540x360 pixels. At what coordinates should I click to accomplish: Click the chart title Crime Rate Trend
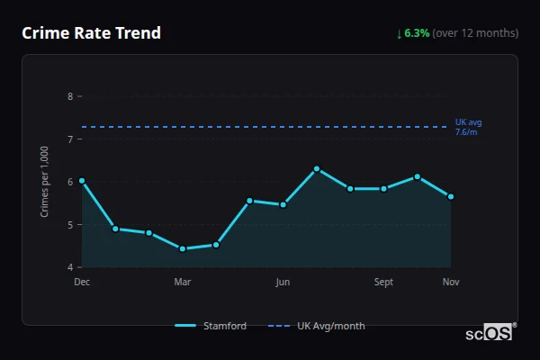click(91, 33)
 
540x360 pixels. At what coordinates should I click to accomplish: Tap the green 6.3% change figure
click(417, 33)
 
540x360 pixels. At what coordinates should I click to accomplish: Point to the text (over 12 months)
click(475, 33)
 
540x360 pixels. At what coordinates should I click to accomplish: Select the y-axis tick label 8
click(71, 95)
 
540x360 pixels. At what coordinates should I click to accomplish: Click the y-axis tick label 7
click(71, 139)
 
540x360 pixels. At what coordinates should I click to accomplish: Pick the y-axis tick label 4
click(71, 267)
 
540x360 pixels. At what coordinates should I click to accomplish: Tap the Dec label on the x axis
click(82, 283)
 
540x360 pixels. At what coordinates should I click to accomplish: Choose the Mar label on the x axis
click(183, 283)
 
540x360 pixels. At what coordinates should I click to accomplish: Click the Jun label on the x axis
click(283, 283)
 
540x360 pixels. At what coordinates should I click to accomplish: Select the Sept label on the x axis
click(383, 283)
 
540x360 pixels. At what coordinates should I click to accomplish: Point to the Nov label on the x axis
click(451, 283)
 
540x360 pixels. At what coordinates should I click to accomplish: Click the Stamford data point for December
click(82, 181)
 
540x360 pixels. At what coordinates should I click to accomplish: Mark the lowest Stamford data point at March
click(183, 248)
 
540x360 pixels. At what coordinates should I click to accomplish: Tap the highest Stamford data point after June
click(317, 169)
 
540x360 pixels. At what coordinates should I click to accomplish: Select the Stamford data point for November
click(451, 196)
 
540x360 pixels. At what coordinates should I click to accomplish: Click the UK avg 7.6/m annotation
click(469, 127)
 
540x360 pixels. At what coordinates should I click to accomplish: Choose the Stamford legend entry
click(211, 326)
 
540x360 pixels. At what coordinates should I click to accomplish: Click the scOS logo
click(497, 333)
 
